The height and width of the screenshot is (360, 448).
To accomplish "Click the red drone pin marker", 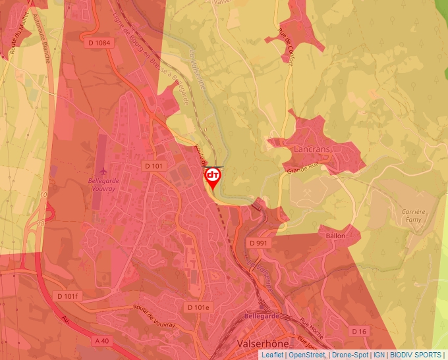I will tap(213, 177).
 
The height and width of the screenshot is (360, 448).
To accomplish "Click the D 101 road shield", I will tap(153, 167).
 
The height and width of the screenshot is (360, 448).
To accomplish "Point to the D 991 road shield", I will tap(258, 243).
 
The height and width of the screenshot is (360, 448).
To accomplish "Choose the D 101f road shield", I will tap(68, 297).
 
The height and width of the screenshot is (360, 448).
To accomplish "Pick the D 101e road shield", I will tap(198, 307).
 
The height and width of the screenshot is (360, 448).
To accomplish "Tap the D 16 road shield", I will tap(358, 330).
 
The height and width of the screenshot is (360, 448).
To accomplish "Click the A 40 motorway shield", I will tap(101, 340).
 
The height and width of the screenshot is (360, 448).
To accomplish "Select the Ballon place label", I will tap(335, 235).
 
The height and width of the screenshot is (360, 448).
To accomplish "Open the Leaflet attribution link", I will tap(272, 355).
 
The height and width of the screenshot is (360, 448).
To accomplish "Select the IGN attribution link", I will tap(379, 355).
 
